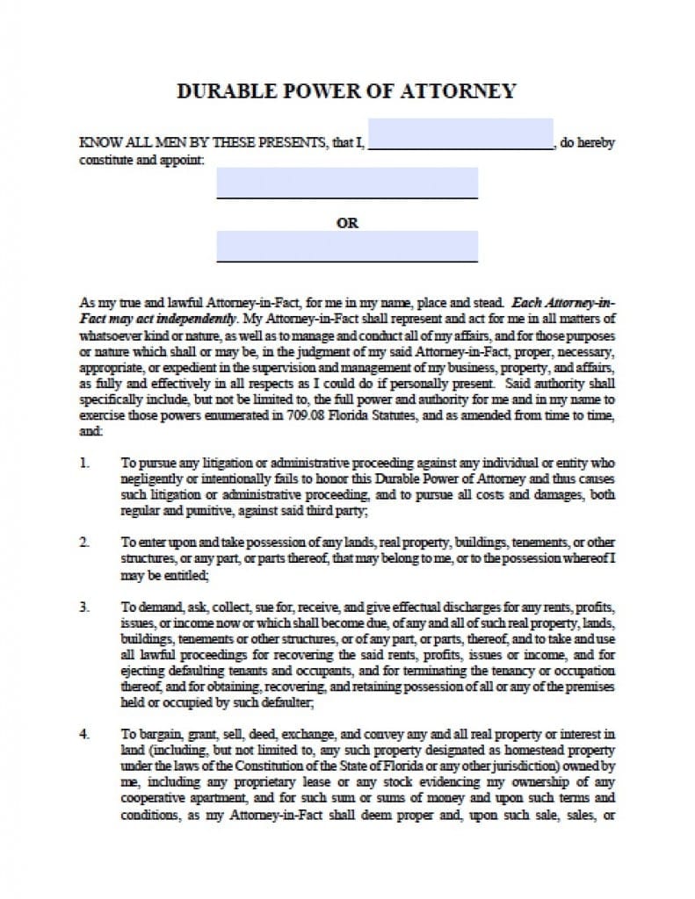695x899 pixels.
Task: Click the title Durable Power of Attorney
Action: [x=346, y=91]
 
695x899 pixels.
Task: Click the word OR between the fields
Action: [x=347, y=223]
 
